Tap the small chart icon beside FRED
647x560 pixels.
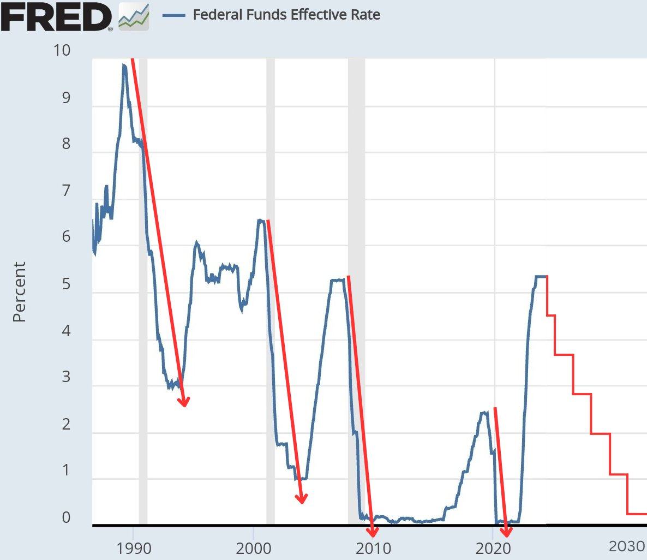(134, 16)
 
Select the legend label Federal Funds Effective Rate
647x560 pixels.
(286, 14)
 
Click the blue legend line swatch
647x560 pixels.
(173, 15)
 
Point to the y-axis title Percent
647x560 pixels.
(19, 291)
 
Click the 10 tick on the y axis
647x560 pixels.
(62, 50)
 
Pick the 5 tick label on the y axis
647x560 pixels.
(66, 284)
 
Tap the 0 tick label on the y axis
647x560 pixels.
(66, 517)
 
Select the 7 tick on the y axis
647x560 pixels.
(66, 190)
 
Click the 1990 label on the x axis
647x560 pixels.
(133, 547)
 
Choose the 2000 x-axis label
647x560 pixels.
(253, 547)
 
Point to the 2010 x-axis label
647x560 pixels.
(373, 547)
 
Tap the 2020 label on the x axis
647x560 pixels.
(493, 547)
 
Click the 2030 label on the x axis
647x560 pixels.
(627, 546)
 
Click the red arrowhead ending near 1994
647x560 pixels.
(184, 402)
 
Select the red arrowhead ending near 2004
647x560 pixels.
(301, 498)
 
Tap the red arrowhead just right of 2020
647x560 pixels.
(506, 532)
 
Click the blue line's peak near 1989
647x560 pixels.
(124, 65)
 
